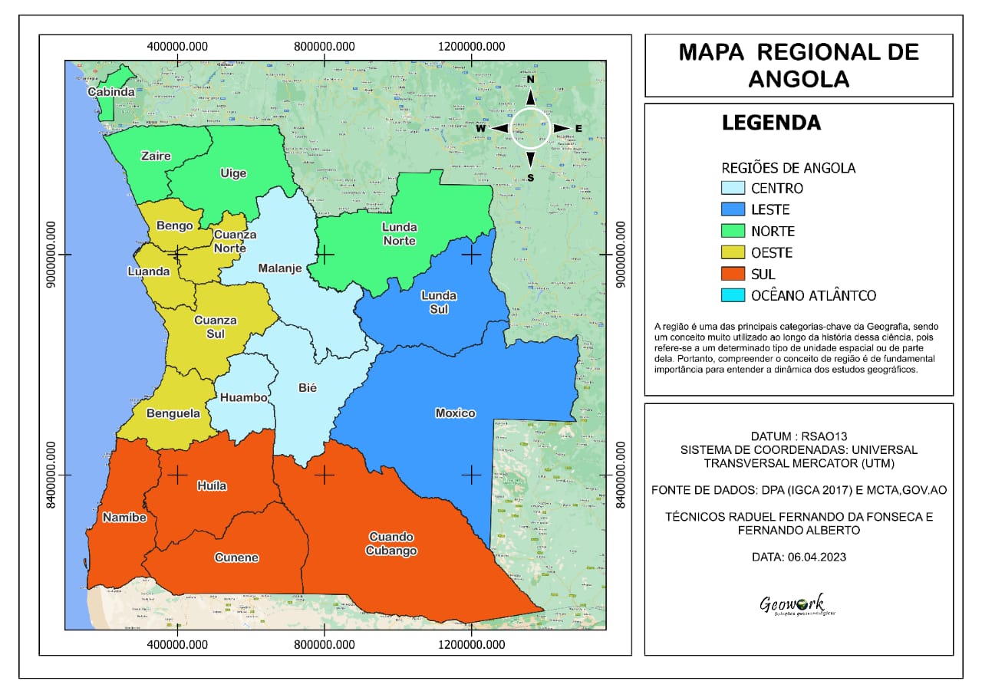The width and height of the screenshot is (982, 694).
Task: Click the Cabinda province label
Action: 111,92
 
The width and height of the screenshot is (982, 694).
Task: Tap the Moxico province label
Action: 455,413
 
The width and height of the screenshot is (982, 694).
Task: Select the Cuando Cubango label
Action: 391,544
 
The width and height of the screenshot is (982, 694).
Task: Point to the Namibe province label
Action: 124,518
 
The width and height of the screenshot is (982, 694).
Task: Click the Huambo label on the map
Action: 243,397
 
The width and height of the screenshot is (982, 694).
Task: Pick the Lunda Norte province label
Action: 399,234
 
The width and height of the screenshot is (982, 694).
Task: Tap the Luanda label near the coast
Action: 149,271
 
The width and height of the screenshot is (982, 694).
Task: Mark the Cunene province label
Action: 236,558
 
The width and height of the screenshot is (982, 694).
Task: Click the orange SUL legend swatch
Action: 733,274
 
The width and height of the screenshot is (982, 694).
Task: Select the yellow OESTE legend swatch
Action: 733,252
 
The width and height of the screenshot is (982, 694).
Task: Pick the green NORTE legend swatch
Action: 733,231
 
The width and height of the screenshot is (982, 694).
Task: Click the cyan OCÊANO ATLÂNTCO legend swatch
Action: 733,295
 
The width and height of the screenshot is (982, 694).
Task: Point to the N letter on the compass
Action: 530,79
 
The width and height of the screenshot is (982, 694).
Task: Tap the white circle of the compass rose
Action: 530,128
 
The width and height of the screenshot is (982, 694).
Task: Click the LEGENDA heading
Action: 771,123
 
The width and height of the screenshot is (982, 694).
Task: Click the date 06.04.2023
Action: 799,557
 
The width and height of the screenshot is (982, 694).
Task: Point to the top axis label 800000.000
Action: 325,46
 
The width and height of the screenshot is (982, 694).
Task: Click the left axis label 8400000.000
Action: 51,475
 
